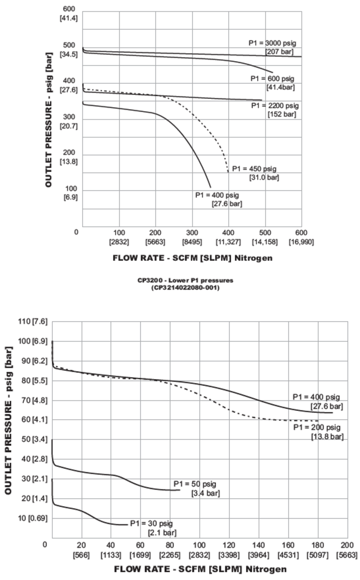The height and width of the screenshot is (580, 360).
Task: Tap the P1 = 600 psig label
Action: point(273,83)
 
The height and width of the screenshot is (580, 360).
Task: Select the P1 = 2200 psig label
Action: point(275,110)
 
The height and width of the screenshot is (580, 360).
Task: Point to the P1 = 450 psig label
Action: point(255,173)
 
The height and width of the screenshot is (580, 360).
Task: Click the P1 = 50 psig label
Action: point(195,488)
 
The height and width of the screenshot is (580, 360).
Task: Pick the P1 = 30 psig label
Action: point(152,528)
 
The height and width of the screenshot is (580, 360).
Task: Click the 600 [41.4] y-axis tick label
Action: point(69,13)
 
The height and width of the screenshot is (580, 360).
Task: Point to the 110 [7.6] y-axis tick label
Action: point(32,321)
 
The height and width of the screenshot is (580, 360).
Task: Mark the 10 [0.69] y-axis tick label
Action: point(32,518)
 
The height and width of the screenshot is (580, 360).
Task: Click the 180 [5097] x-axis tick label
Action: point(318,550)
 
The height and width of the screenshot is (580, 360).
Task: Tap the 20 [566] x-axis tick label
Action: point(82,550)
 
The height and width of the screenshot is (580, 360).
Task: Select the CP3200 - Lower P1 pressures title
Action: point(185,280)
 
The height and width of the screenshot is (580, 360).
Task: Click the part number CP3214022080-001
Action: point(185,288)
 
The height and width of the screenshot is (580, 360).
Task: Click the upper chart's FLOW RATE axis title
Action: point(193,258)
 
